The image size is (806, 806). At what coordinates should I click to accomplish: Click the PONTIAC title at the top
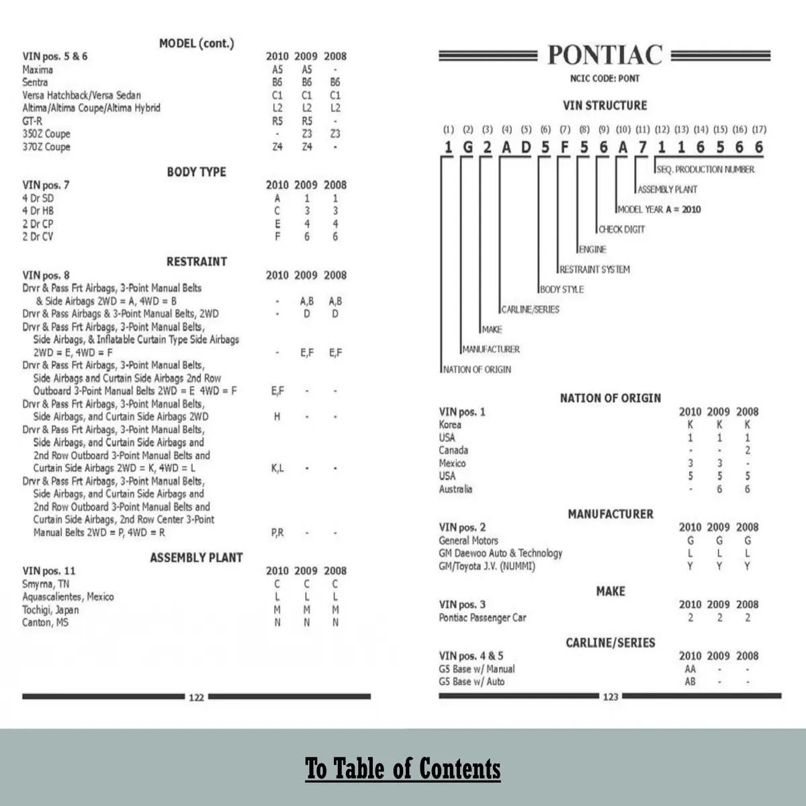pyautogui.click(x=604, y=55)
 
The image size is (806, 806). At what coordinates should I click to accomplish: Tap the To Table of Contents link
pyautogui.click(x=403, y=768)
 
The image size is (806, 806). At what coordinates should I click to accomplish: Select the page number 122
pyautogui.click(x=196, y=697)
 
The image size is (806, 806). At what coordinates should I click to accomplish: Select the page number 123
pyautogui.click(x=610, y=696)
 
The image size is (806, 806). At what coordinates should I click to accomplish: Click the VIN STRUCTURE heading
pyautogui.click(x=604, y=106)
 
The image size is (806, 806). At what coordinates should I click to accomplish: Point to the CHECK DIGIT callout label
pyautogui.click(x=622, y=229)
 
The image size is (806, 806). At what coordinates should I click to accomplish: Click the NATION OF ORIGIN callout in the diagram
pyautogui.click(x=477, y=370)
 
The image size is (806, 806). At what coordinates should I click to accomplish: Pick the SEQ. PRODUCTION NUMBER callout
pyautogui.click(x=705, y=169)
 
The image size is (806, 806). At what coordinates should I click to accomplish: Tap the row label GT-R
pyautogui.click(x=32, y=121)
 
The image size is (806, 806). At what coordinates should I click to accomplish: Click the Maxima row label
pyautogui.click(x=38, y=69)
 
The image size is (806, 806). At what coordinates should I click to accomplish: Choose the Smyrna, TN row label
pyautogui.click(x=46, y=584)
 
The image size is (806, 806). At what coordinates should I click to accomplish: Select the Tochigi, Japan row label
pyautogui.click(x=50, y=610)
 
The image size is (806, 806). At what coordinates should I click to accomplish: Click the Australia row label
pyautogui.click(x=455, y=489)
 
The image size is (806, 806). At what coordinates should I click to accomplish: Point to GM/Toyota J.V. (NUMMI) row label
pyautogui.click(x=487, y=566)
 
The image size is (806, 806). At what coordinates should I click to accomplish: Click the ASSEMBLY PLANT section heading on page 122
pyautogui.click(x=196, y=557)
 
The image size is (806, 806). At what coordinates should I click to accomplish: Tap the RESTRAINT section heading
pyautogui.click(x=196, y=261)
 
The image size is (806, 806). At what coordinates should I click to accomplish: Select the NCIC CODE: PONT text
pyautogui.click(x=604, y=79)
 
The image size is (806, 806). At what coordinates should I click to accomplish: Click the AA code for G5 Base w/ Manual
pyautogui.click(x=690, y=669)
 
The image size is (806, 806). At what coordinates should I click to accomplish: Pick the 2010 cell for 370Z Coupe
pyautogui.click(x=277, y=147)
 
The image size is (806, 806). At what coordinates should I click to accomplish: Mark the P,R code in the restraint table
pyautogui.click(x=277, y=532)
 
